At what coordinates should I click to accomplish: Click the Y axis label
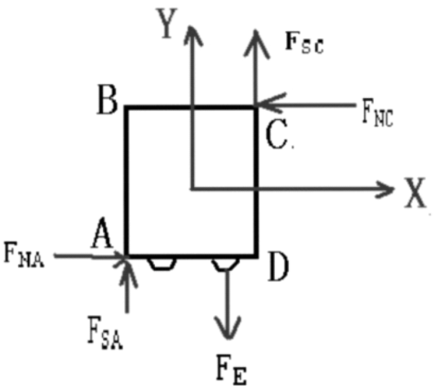166,23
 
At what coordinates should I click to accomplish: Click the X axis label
415,193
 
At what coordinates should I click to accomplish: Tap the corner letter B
107,100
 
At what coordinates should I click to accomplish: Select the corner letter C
277,134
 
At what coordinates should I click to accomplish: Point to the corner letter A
102,233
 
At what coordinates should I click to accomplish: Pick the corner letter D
278,266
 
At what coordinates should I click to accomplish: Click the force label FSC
304,42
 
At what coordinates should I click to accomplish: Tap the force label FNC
378,113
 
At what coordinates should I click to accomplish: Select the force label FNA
24,255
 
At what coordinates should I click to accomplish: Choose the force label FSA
105,332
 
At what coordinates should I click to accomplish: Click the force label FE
231,369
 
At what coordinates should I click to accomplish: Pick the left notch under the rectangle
162,264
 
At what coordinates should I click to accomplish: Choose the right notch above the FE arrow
225,264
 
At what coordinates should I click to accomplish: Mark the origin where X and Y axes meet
193,189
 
